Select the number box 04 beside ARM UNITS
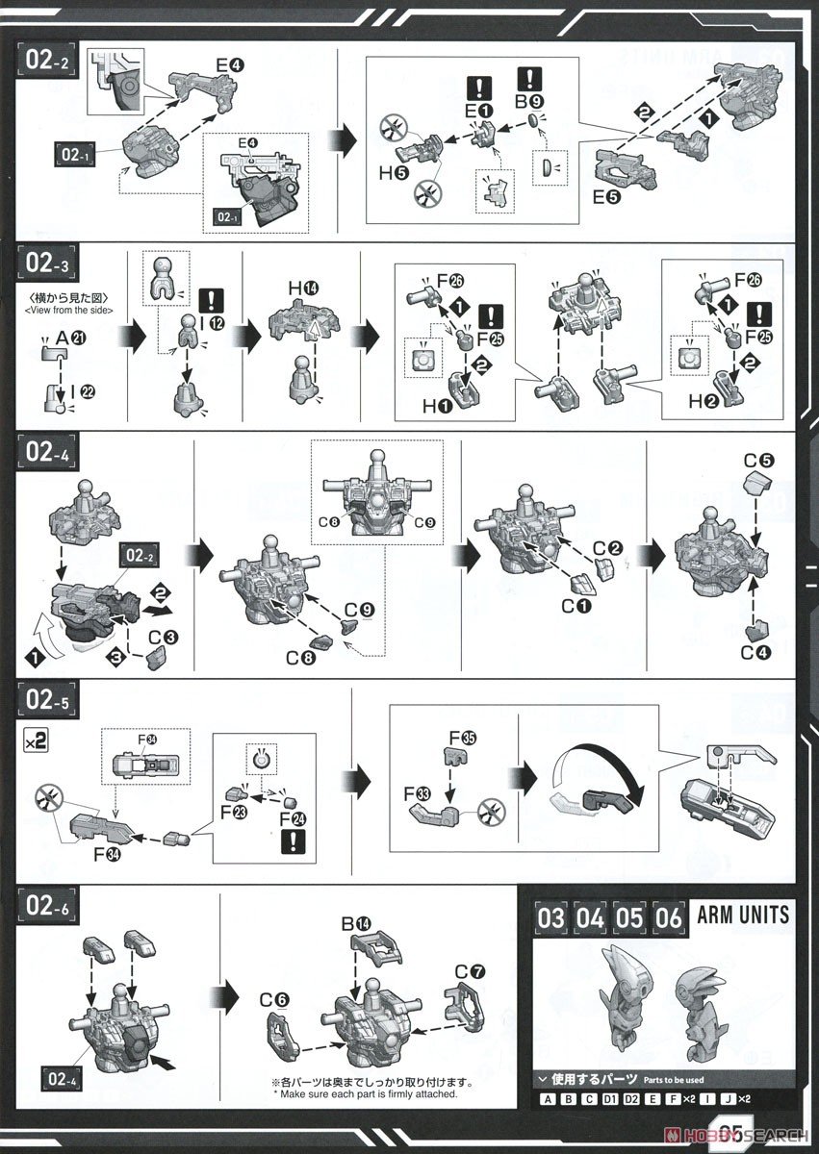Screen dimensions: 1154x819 coord(591,916)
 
